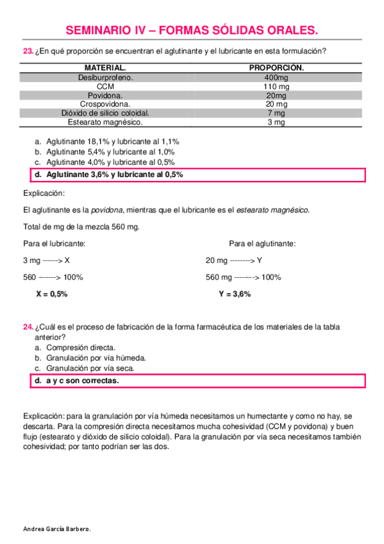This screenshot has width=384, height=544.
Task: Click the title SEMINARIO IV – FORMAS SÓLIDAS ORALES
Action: (192, 30)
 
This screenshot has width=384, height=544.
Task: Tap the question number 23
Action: (28, 51)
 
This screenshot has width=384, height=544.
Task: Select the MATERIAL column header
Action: (105, 67)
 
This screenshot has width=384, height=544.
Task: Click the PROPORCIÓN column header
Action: (276, 67)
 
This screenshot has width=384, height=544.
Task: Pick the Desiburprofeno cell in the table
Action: (105, 77)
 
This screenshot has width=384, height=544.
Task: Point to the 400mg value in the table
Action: (276, 77)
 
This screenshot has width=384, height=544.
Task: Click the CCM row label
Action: (105, 86)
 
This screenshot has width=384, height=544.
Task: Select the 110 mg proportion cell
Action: (276, 86)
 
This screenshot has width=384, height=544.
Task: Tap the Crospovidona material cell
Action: (105, 104)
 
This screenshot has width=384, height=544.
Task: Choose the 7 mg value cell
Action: (276, 113)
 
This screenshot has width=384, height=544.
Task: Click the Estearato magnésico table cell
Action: (105, 122)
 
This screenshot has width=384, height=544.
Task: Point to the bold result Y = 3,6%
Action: (235, 294)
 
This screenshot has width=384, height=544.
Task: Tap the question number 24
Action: (28, 327)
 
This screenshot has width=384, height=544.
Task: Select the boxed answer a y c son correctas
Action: (82, 380)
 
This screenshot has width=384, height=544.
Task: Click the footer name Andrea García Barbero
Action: (57, 529)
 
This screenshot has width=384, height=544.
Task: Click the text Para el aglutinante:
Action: (262, 244)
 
